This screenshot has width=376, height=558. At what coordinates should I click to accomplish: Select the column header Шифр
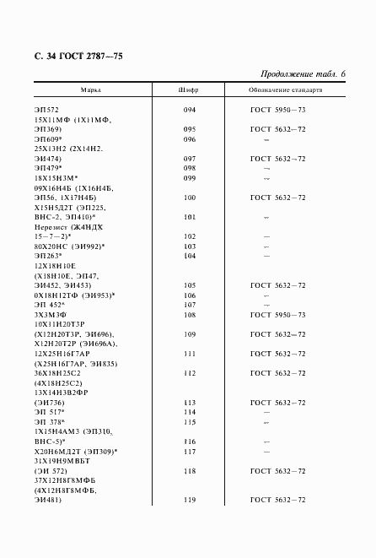click(189, 89)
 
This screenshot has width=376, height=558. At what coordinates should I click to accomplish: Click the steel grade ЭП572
click(47, 111)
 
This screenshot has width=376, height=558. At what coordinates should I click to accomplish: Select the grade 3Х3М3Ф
click(51, 314)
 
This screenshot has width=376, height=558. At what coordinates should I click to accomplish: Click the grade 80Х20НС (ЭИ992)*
click(70, 246)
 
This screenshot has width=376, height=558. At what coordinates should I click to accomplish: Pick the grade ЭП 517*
click(50, 413)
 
